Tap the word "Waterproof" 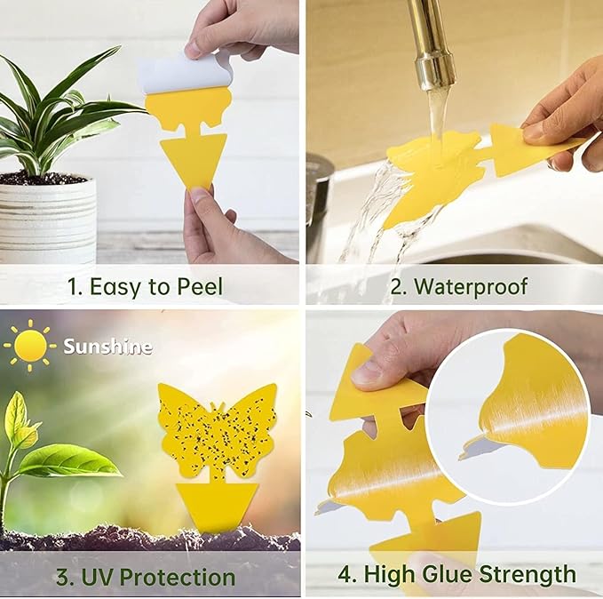click(471, 286)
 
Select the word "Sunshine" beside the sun click(107, 347)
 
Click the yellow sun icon click(31, 346)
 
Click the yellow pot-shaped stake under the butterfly click(217, 504)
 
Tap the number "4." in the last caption click(346, 574)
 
